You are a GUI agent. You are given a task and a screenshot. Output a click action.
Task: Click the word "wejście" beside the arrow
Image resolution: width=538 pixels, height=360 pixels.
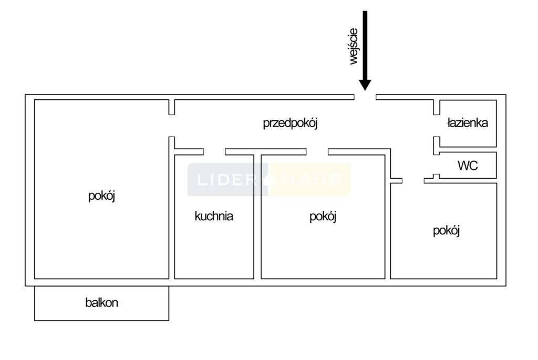pos(353,46)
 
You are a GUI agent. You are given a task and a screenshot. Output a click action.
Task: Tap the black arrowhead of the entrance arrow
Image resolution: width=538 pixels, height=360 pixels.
pos(365,85)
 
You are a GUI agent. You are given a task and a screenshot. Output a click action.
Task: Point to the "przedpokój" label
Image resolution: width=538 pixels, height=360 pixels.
pos(291,124)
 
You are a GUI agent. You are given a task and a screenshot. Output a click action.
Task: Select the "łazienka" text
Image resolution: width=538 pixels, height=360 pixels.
pos(467,123)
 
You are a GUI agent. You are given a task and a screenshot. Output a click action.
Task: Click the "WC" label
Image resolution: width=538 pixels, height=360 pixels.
pos(468,166)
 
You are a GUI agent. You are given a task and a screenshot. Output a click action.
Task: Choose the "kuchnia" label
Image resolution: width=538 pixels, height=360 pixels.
pos(214,215)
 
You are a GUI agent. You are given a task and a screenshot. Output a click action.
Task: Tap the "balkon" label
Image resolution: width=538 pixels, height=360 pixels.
pos(101,303)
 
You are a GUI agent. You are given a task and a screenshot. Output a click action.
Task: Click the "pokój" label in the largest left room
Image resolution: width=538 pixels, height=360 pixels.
pos(101,196)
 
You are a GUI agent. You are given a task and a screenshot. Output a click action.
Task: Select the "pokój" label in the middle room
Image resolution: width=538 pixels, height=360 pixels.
pos(323,216)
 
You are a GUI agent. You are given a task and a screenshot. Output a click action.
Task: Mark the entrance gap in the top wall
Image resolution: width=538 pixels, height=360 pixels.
pos(365,97)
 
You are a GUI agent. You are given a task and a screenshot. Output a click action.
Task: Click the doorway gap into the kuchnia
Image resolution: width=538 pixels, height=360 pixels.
pos(214,152)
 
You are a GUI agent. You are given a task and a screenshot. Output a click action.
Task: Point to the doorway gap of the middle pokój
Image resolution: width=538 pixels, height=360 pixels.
pos(317,152)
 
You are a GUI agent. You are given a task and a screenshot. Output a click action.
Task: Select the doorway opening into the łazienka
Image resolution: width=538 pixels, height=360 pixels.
pos(436,126)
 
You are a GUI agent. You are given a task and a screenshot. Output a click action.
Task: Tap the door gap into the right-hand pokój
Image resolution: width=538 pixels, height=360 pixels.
pos(413,181)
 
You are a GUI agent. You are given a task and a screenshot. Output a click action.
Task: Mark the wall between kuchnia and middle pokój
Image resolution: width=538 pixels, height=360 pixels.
pos(258,215)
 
